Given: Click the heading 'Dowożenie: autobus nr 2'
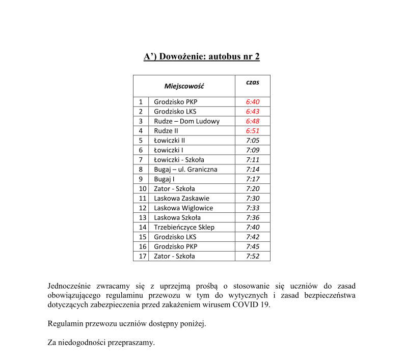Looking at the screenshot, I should (x=202, y=57).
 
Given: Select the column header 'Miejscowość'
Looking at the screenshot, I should (x=184, y=86).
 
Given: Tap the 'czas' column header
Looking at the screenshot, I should (x=252, y=82).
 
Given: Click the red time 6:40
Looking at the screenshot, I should (x=252, y=102).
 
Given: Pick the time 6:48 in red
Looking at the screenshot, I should (x=252, y=121).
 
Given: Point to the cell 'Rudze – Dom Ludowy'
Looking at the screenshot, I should (x=186, y=121).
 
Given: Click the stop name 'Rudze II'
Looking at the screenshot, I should (x=166, y=131).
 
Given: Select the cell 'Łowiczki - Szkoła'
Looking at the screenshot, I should (x=179, y=160).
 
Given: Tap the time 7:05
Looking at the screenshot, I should (x=252, y=141).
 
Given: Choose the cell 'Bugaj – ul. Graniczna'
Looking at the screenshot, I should (x=185, y=170).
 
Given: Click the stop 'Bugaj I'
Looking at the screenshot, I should (x=164, y=179).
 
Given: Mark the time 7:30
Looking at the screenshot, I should (x=252, y=199).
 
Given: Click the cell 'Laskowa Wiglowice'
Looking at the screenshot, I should (x=183, y=208).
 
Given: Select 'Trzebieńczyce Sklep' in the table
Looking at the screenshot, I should (x=184, y=228).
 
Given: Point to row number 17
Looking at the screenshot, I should (x=143, y=257).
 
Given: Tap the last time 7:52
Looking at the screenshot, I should (x=252, y=257).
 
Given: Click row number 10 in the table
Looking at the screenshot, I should (x=143, y=189).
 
